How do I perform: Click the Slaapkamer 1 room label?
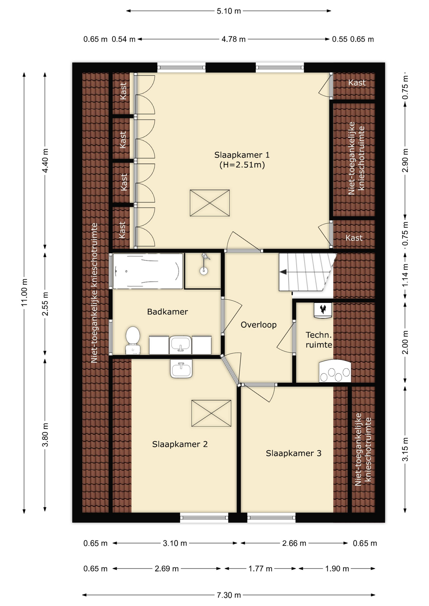click(242, 160)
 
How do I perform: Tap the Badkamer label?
click(167, 312)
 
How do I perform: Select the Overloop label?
click(258, 325)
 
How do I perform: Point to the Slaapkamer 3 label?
click(293, 453)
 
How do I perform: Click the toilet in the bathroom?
click(133, 340)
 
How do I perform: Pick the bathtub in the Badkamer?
click(148, 271)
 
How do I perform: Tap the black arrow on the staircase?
click(283, 272)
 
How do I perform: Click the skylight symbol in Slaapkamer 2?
click(211, 413)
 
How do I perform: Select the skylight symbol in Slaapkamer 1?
click(210, 203)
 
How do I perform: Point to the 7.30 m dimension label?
click(229, 595)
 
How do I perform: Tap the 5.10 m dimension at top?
click(229, 11)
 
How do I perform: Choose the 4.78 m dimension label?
click(233, 39)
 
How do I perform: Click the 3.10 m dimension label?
click(175, 543)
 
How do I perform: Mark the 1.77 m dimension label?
click(260, 569)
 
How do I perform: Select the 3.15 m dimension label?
click(405, 449)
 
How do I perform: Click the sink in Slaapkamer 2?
click(181, 369)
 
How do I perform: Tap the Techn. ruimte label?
click(319, 340)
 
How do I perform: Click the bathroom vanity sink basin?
click(180, 344)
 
